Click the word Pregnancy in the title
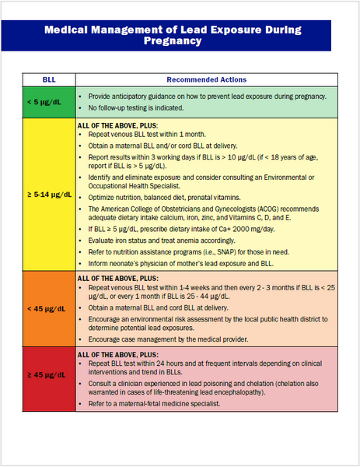tap(180, 40)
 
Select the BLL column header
tap(47, 79)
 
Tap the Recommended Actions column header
tap(207, 79)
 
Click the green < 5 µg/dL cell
tap(47, 102)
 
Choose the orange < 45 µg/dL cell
tap(47, 308)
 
